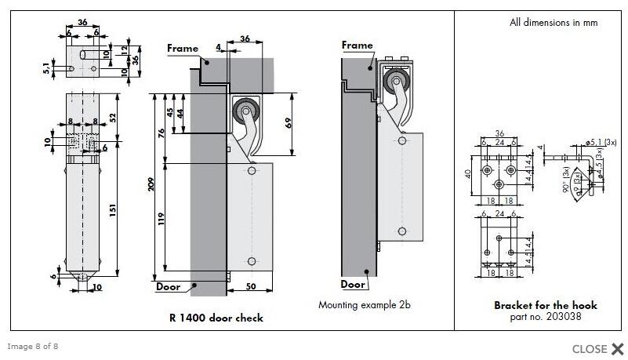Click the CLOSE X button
[x=597, y=349]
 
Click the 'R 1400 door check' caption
[x=216, y=318]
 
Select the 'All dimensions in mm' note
[x=553, y=23]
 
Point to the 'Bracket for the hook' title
[x=545, y=305]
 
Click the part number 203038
[x=545, y=316]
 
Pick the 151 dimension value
[x=113, y=212]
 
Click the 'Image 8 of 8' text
[x=32, y=346]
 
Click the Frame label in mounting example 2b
[x=357, y=45]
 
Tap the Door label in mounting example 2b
[x=353, y=285]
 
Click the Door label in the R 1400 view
[x=168, y=287]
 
